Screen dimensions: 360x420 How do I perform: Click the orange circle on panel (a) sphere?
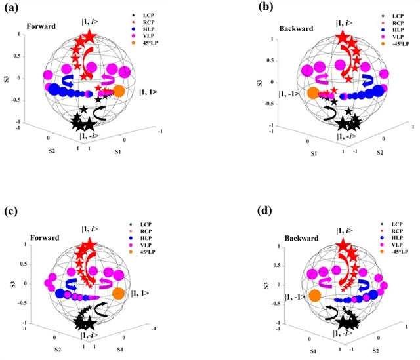tap(119, 91)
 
